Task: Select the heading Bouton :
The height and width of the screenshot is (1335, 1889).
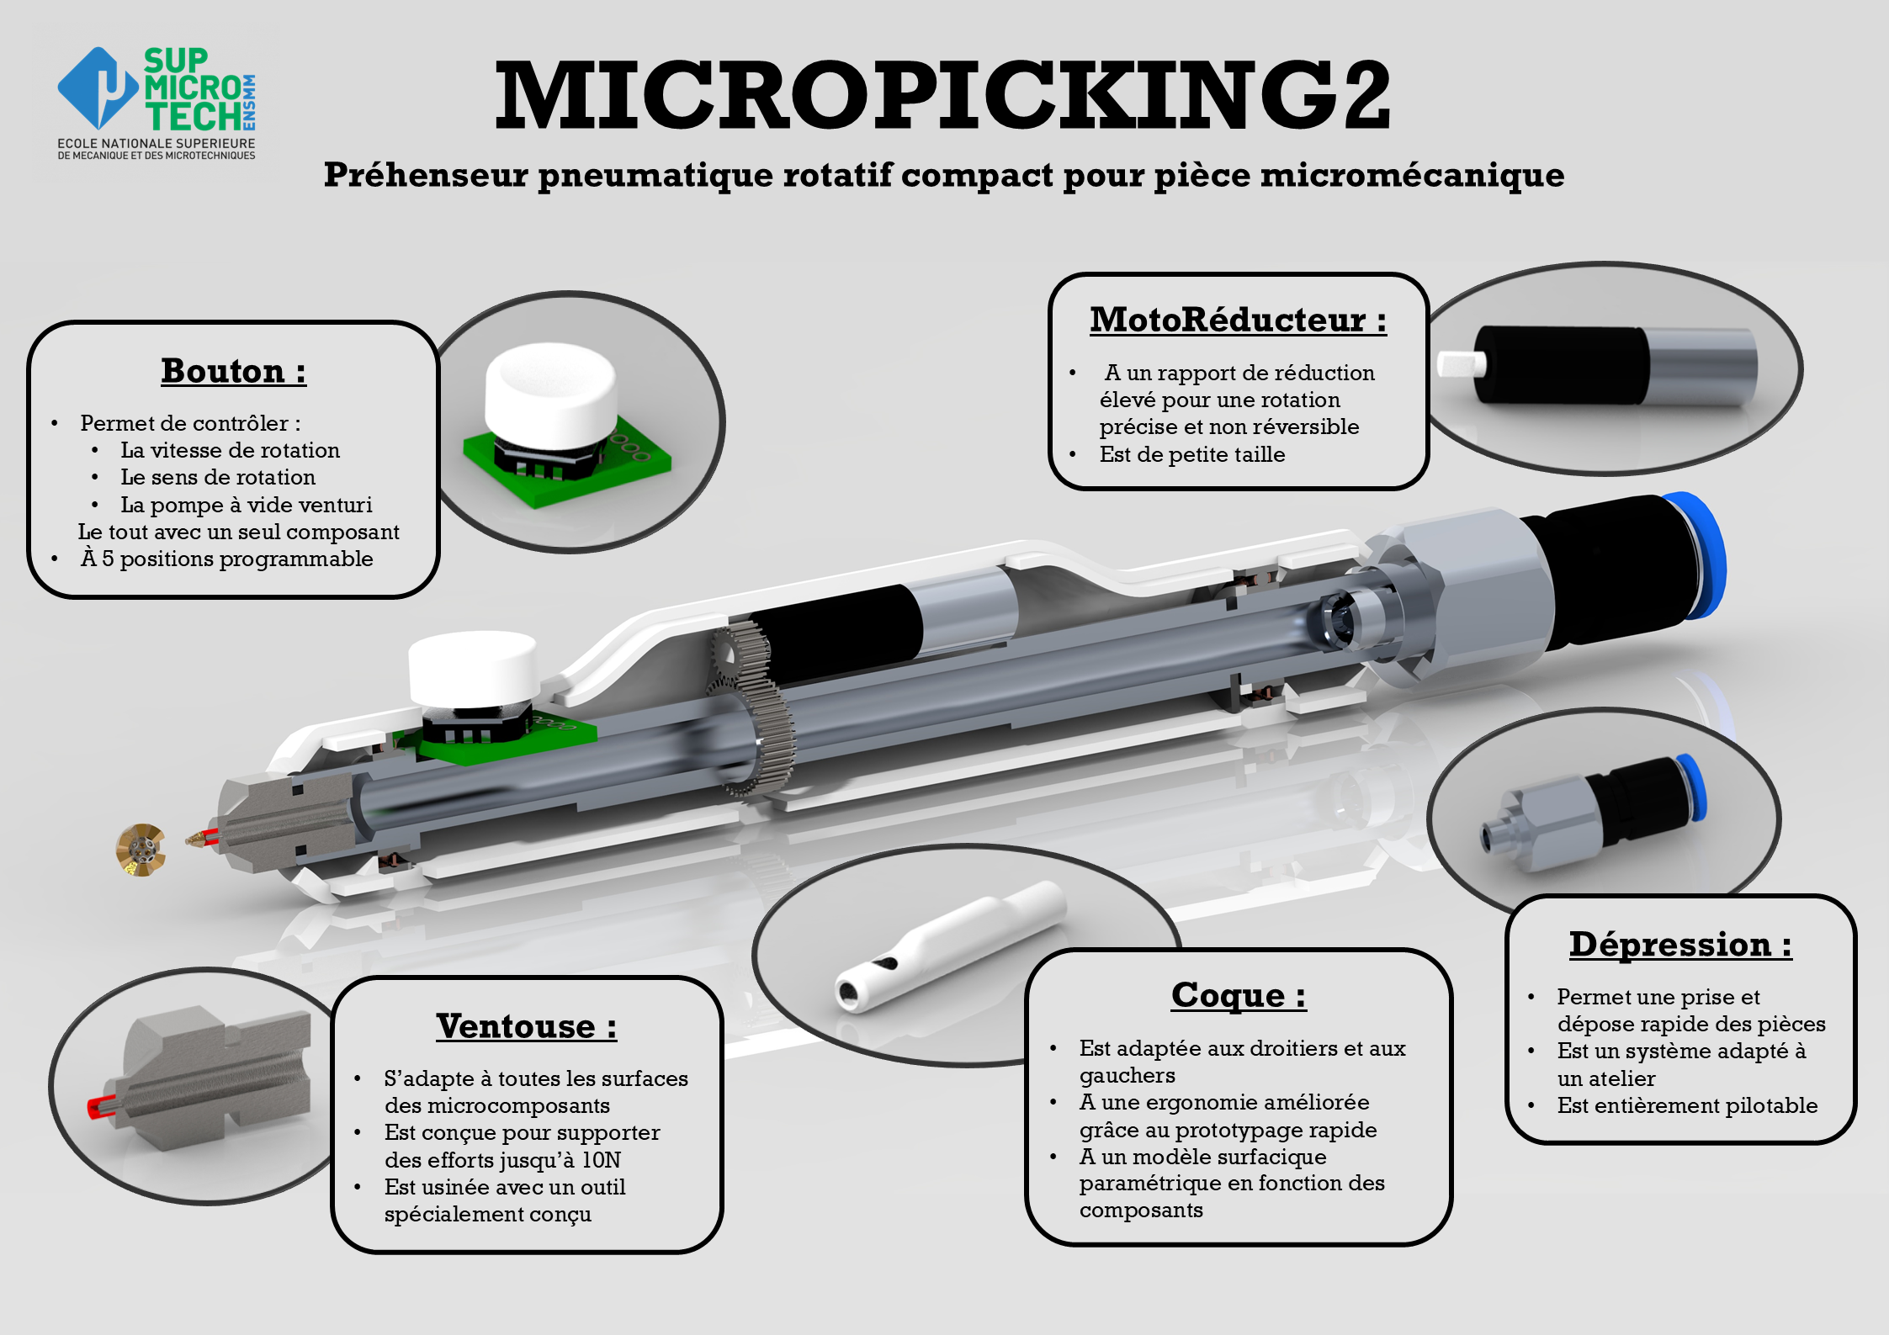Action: point(233,371)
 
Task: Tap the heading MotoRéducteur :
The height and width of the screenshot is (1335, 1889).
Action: point(1238,320)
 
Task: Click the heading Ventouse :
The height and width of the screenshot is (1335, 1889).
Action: point(526,1026)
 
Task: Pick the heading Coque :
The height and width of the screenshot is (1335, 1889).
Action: point(1238,995)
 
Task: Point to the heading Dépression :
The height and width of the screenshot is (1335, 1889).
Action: point(1679,944)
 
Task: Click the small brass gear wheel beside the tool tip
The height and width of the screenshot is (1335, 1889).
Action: point(141,850)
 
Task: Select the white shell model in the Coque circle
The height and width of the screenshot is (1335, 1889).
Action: point(951,946)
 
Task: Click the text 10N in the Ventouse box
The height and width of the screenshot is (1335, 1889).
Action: point(601,1160)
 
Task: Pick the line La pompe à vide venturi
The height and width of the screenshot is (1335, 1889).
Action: point(246,505)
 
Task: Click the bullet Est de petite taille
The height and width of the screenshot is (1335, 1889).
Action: point(1191,454)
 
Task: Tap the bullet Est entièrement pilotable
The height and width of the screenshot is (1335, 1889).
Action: point(1686,1105)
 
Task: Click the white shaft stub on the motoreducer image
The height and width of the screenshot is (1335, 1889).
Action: point(1462,364)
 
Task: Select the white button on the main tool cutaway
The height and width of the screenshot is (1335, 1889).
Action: point(473,669)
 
